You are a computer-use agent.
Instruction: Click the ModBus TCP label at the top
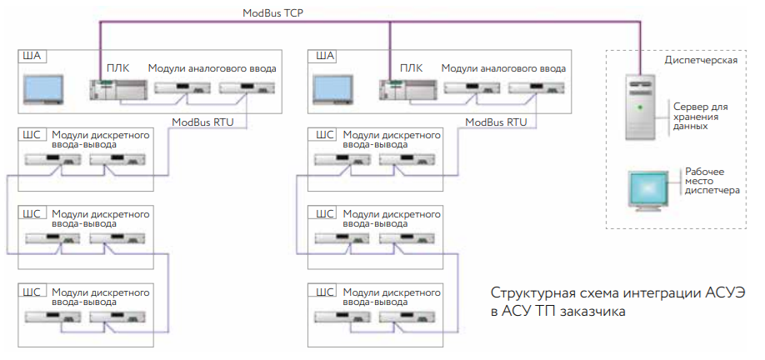[x=274, y=13]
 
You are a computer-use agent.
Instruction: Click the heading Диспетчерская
[x=700, y=61]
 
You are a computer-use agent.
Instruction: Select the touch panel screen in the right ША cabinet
[x=333, y=89]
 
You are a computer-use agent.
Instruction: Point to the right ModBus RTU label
[x=496, y=122]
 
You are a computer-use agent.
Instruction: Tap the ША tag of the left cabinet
[x=31, y=57]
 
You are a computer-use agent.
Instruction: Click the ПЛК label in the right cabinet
[x=410, y=67]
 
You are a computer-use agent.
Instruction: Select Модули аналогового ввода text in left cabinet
[x=212, y=67]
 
